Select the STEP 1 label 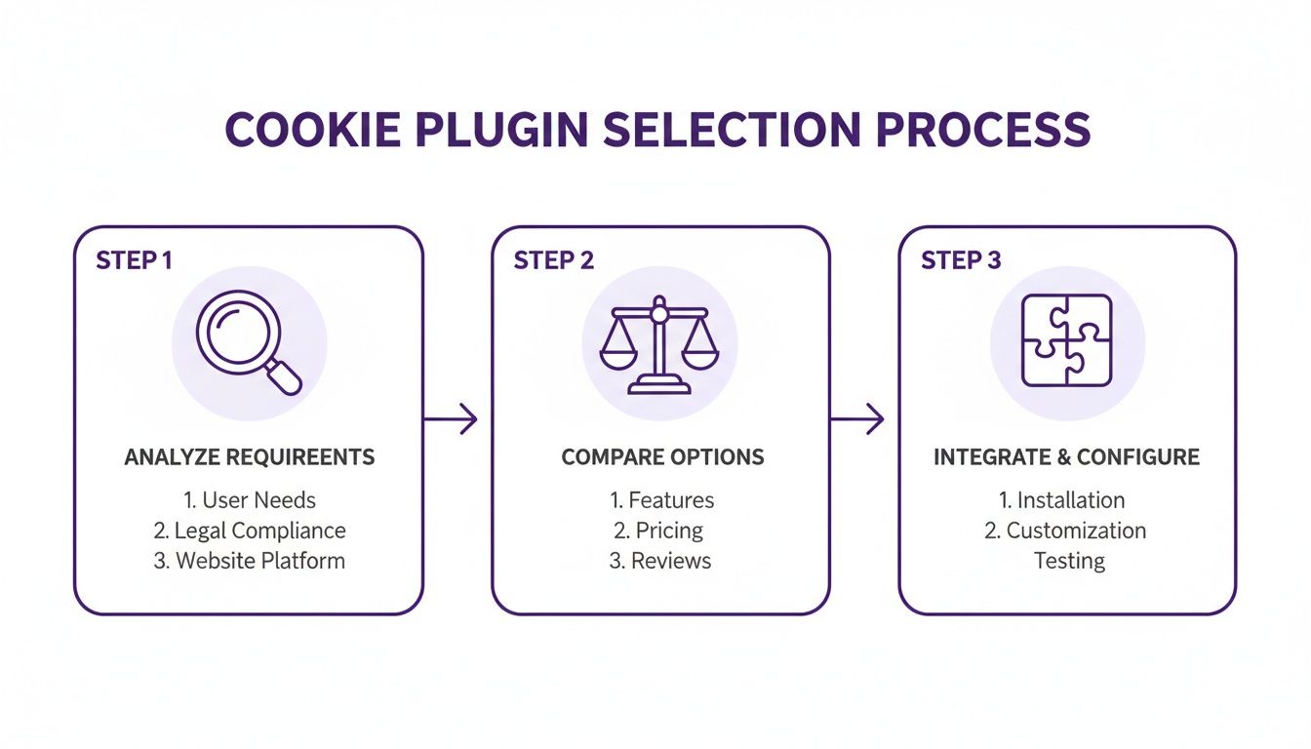point(134,260)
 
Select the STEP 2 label point(553,260)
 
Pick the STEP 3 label point(961,260)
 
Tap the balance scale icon point(659,346)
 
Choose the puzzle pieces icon point(1066,340)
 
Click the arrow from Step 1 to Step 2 point(452,419)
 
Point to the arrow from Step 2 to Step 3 point(857,419)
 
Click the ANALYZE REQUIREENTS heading point(250,457)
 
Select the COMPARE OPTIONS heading point(662,457)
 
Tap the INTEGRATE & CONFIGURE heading point(1066,457)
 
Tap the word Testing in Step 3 point(1069,561)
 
